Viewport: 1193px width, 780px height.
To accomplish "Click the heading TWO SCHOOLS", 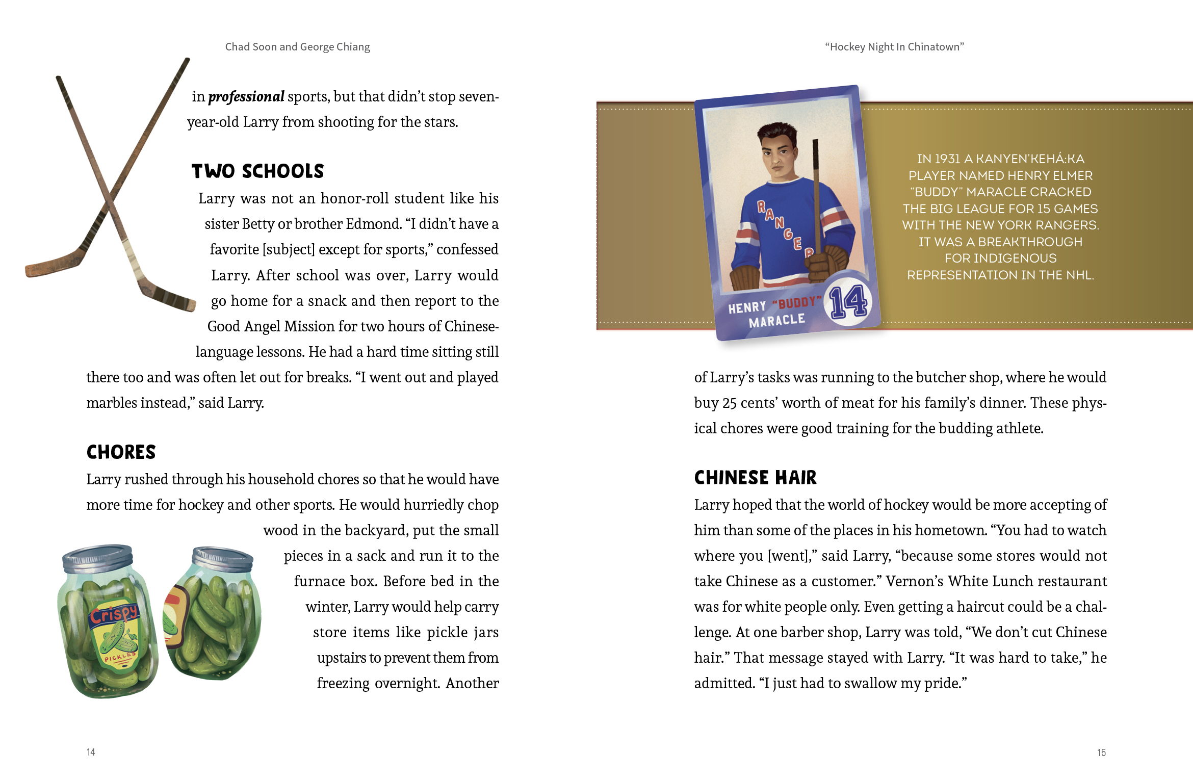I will pyautogui.click(x=257, y=171).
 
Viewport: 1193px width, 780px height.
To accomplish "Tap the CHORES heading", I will pyautogui.click(x=121, y=452).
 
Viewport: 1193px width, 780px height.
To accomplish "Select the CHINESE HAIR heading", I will pyautogui.click(x=755, y=478).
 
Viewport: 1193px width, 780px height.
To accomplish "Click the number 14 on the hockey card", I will pyautogui.click(x=848, y=302).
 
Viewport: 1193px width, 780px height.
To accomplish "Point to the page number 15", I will pyautogui.click(x=1101, y=752).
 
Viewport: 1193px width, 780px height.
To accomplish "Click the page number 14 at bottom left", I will pyautogui.click(x=91, y=752).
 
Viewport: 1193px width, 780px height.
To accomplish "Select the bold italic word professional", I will pyautogui.click(x=246, y=96).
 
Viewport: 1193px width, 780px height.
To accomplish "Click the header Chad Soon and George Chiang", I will pyautogui.click(x=297, y=47).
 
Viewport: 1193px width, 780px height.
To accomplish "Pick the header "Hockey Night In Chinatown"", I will pyautogui.click(x=894, y=47).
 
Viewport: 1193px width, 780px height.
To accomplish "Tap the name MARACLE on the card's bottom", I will pyautogui.click(x=776, y=321).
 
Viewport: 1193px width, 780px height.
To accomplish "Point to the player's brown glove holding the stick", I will pyautogui.click(x=826, y=263).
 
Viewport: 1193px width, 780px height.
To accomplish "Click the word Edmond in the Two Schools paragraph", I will pyautogui.click(x=374, y=224).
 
